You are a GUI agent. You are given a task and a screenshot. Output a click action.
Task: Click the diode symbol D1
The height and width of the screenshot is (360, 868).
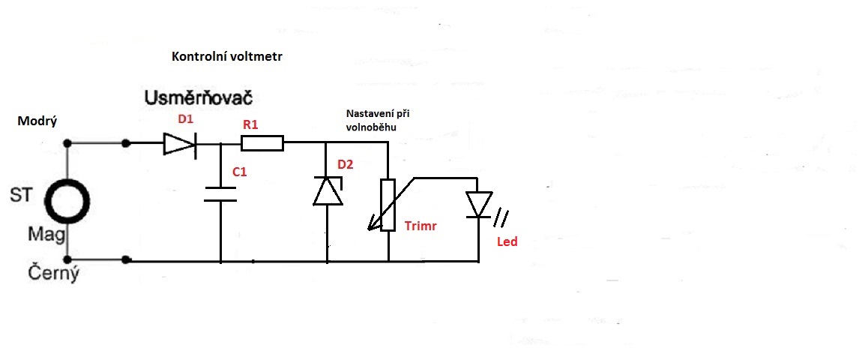click(180, 142)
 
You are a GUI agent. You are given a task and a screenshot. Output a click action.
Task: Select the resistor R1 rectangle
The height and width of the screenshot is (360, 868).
click(263, 142)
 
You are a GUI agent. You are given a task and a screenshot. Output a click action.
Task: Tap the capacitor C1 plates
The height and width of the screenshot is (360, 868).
click(221, 193)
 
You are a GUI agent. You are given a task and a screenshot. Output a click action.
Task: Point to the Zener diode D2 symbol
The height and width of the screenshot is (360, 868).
click(328, 191)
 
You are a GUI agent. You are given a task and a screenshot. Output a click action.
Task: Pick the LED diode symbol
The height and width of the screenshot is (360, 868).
click(478, 205)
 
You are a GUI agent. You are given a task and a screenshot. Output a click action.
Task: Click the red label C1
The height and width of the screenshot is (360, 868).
click(240, 172)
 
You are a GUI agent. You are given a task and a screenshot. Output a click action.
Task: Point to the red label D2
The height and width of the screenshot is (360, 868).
click(346, 164)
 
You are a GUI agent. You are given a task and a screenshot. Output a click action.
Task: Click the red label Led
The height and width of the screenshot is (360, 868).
click(507, 242)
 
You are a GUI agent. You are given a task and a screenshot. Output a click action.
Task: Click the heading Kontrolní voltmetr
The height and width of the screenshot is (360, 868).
click(229, 57)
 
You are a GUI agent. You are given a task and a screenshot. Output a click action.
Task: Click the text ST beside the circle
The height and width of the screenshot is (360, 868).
click(21, 196)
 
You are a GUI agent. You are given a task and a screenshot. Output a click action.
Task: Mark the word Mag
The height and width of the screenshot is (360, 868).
click(43, 234)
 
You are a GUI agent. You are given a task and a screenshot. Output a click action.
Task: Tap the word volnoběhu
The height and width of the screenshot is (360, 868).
click(370, 127)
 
